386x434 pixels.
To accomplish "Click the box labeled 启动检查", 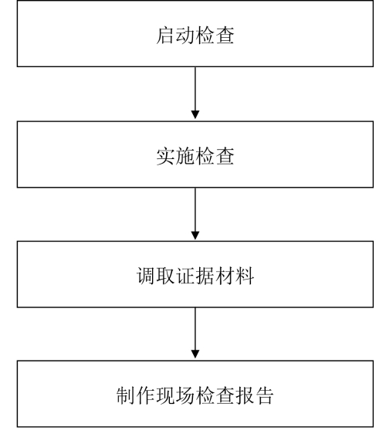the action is [195, 33].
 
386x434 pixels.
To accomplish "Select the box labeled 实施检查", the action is [195, 154].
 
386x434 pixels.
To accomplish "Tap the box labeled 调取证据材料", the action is [195, 274].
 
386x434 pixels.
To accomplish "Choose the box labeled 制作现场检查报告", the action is [195, 394].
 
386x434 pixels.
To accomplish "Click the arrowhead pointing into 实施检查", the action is [195, 114].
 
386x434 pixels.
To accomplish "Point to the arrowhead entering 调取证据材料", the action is [195, 235].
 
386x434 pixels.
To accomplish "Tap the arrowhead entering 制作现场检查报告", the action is [195, 354].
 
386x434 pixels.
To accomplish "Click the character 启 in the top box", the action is [165, 36].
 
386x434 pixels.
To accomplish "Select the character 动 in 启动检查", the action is [185, 36].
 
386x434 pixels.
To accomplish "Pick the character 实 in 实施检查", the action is [165, 157].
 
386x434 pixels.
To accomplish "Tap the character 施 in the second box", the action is [185, 157].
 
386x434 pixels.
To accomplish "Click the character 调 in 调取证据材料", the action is [146, 276].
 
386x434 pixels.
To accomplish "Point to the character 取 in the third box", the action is [165, 276].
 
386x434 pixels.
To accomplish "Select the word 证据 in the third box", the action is [195, 276].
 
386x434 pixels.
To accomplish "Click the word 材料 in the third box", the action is [235, 276].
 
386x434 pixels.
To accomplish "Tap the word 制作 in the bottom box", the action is [136, 395].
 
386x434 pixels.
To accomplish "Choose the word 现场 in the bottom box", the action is [175, 395].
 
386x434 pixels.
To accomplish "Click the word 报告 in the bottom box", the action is [254, 395].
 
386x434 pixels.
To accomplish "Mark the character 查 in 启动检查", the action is [225, 36].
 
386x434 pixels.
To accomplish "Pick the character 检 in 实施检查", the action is [205, 157].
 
